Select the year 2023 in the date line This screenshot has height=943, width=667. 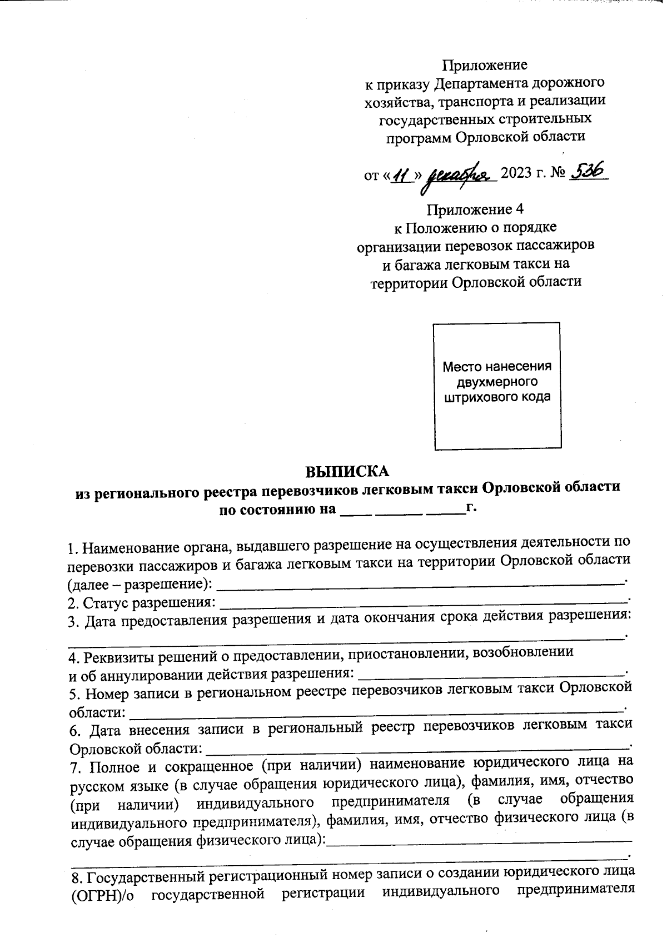point(516,175)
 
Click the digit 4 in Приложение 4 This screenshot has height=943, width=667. point(519,210)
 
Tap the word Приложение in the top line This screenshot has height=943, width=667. point(484,65)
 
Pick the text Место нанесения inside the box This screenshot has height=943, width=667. point(497,367)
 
